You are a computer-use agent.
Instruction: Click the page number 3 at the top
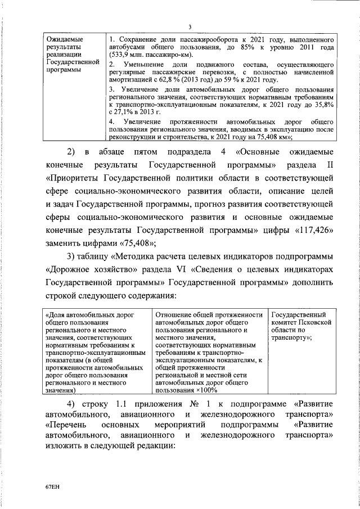(190, 27)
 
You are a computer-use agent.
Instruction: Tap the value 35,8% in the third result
(326, 105)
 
